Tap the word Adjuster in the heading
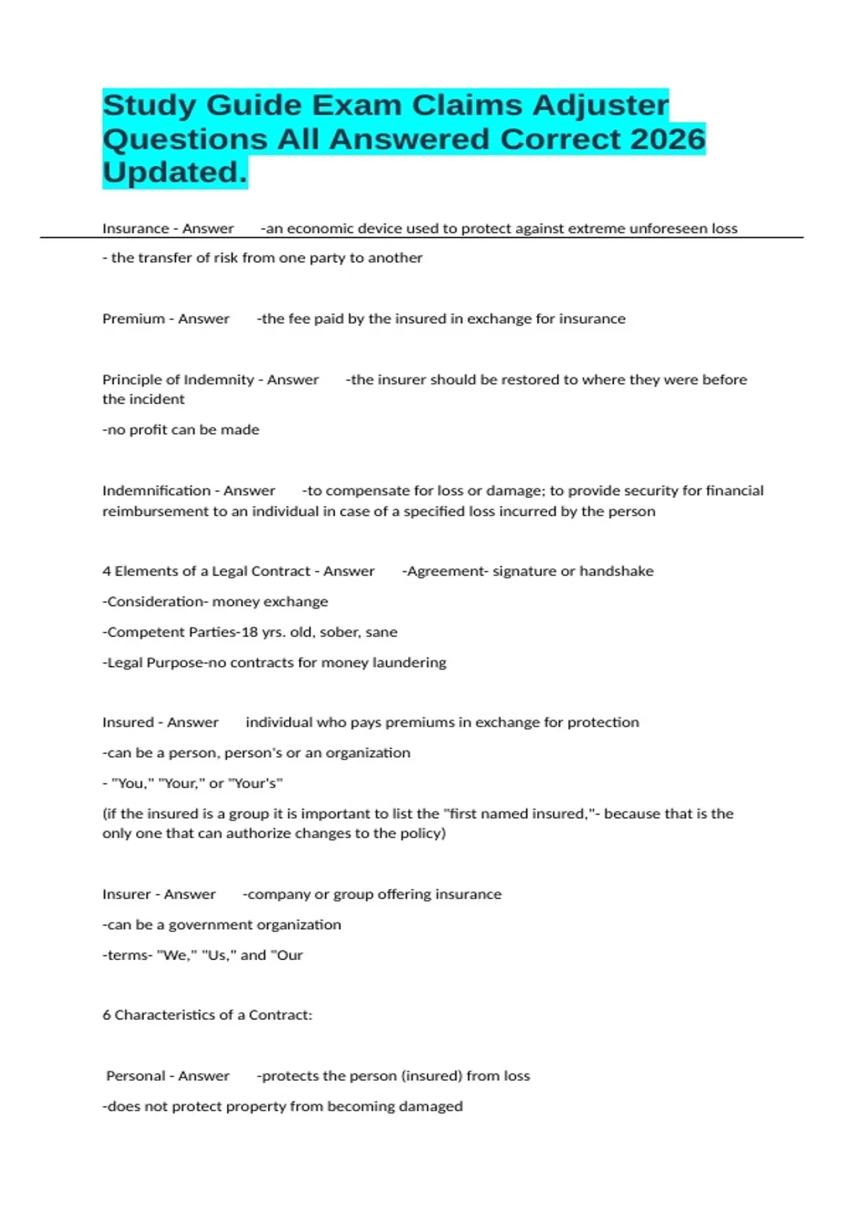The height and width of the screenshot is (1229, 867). click(x=601, y=106)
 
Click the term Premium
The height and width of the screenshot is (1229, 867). click(x=134, y=319)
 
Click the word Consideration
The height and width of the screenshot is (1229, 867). click(x=152, y=601)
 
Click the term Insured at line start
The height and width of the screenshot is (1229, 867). click(x=128, y=722)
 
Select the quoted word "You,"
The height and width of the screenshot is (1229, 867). click(x=131, y=783)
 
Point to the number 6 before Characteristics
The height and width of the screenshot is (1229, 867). click(x=106, y=1015)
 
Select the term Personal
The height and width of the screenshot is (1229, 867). click(x=136, y=1076)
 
